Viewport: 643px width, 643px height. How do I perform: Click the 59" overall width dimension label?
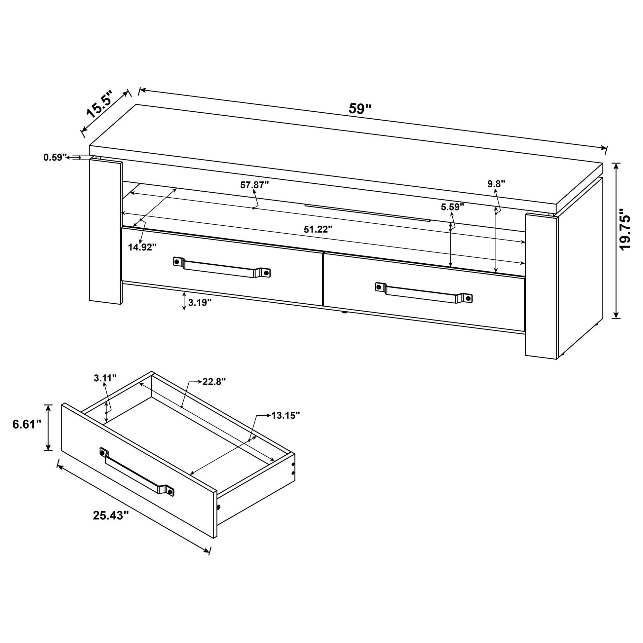click(360, 108)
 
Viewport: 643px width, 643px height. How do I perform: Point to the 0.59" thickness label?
click(55, 157)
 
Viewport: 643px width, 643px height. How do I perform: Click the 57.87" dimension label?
click(254, 185)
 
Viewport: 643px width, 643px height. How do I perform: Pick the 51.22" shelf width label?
click(318, 229)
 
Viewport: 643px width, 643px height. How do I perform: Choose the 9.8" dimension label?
click(496, 183)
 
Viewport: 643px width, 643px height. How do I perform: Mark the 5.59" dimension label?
click(452, 207)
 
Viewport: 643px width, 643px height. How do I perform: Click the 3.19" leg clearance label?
click(200, 303)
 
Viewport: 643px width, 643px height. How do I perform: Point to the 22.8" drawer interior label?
click(214, 381)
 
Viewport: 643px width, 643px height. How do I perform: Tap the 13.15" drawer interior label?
click(285, 415)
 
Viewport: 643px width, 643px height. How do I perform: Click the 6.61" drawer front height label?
click(27, 424)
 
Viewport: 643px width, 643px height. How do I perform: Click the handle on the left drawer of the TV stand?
click(222, 267)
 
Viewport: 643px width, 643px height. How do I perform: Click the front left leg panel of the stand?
click(106, 232)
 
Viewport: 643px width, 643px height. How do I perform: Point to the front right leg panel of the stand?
click(541, 286)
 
